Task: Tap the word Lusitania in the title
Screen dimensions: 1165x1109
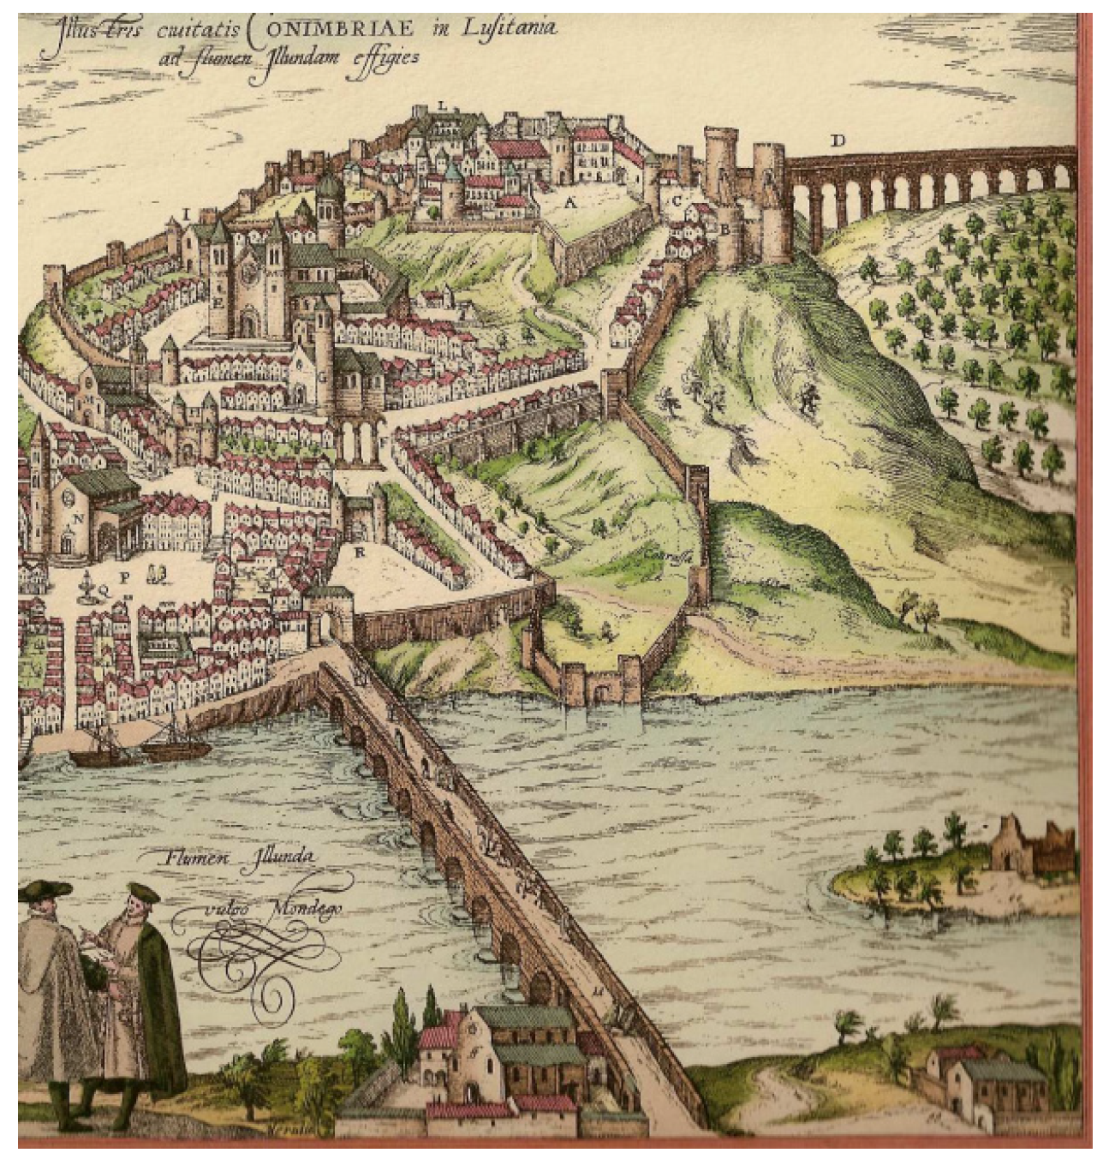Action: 510,27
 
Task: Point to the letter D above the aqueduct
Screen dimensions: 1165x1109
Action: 838,140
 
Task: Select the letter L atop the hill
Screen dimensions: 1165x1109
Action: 442,105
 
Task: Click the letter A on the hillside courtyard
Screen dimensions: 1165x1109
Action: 569,203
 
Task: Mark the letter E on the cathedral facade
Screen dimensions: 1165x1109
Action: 219,302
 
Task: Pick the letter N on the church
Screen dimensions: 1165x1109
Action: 78,517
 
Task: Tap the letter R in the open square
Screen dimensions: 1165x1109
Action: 360,553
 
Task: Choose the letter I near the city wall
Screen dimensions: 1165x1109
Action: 185,212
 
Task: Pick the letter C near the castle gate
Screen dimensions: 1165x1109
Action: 676,202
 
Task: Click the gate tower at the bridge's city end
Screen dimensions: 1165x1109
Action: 327,610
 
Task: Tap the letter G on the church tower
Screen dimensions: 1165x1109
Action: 323,375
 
